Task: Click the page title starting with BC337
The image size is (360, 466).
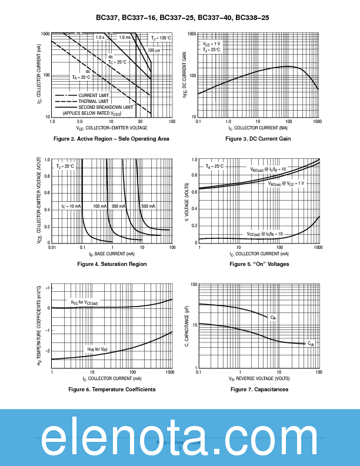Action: (x=182, y=18)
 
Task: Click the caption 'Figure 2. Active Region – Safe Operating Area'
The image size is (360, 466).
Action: (x=111, y=139)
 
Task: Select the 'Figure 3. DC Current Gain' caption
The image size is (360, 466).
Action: (x=258, y=139)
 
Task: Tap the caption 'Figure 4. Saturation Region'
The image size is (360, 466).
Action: (x=112, y=264)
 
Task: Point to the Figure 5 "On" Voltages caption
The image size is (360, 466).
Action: (x=259, y=264)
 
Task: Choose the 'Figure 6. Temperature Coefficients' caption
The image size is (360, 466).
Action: (x=112, y=390)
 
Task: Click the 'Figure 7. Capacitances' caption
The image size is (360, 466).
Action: (x=259, y=390)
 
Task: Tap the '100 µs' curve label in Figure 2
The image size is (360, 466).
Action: (x=154, y=51)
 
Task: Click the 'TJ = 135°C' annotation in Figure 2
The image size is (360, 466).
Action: (x=161, y=38)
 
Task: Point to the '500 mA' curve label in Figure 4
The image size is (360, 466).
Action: (x=148, y=207)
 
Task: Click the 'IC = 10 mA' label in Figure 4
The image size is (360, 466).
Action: (x=71, y=207)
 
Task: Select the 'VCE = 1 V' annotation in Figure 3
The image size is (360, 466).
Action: (x=212, y=44)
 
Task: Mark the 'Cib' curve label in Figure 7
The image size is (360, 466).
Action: (x=273, y=318)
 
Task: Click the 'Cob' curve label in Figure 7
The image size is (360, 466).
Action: (x=311, y=343)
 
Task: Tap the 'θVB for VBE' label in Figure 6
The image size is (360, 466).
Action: (x=98, y=349)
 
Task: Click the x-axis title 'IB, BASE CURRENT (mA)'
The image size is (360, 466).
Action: (x=112, y=254)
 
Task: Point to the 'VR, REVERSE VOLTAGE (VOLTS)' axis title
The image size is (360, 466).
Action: (x=259, y=380)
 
